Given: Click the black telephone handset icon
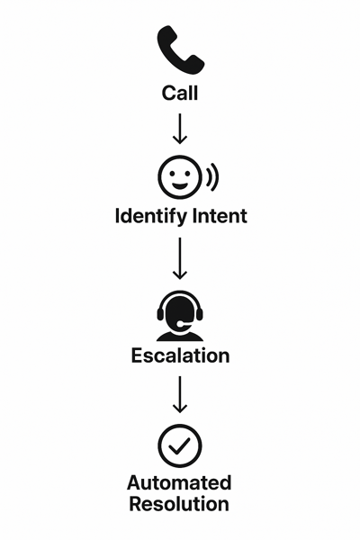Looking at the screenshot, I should click(179, 49).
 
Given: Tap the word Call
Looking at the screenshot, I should click(180, 93).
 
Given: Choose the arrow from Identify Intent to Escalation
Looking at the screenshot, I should click(180, 258).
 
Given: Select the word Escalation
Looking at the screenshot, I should click(180, 355).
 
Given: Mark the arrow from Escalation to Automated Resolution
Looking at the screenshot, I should click(180, 394).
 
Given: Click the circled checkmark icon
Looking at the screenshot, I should click(180, 445).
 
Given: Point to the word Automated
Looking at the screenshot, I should click(180, 483).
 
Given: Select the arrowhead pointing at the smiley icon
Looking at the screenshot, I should click(180, 139).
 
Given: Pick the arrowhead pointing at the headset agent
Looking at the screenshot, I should click(180, 274).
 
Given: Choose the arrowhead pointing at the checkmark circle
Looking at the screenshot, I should click(180, 409).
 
